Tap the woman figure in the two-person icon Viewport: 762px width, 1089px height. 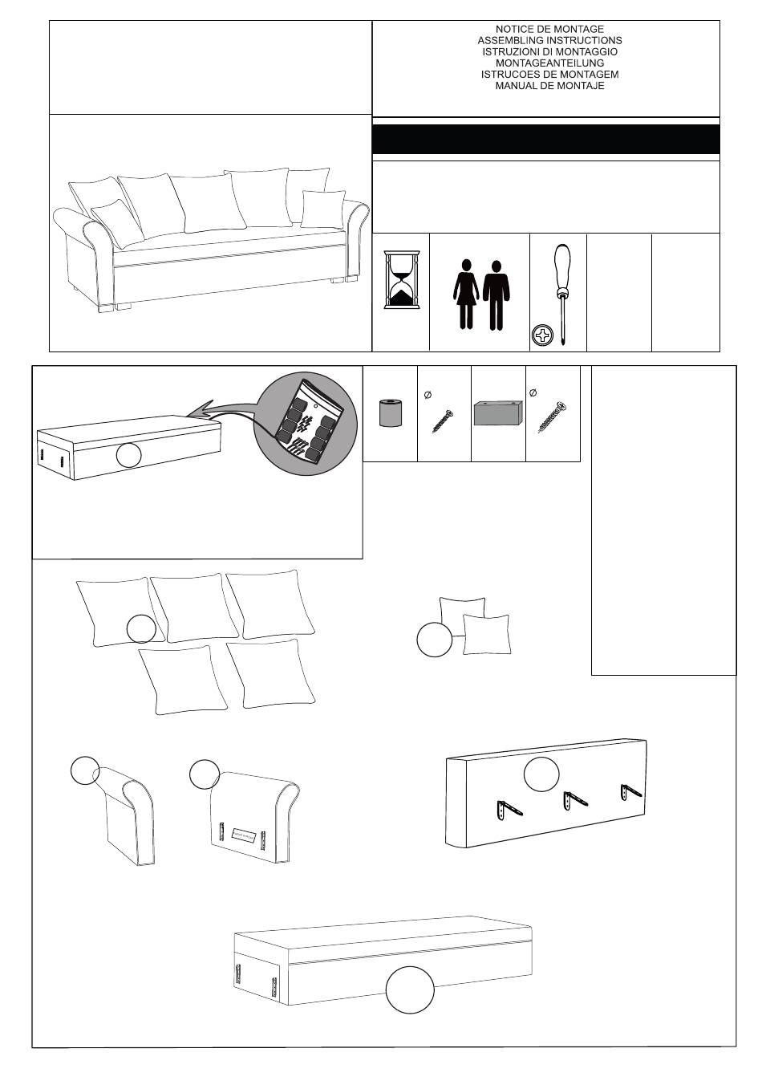pos(465,294)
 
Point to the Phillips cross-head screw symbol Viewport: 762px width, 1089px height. pos(543,335)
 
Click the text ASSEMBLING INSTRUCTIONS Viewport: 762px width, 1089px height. pos(549,40)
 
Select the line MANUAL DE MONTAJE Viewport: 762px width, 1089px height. pos(549,85)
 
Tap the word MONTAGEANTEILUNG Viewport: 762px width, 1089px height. pos(549,63)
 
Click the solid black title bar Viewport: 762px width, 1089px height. pos(545,140)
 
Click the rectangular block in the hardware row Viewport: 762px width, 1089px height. pos(497,413)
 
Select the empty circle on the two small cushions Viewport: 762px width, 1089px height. pos(434,640)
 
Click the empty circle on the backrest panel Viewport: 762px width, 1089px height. pos(541,774)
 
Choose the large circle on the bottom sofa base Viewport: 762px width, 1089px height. pos(410,989)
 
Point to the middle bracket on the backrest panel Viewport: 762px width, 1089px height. pos(573,802)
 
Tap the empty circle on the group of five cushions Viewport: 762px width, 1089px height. pos(141,628)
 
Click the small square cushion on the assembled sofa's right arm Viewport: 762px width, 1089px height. pos(322,209)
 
